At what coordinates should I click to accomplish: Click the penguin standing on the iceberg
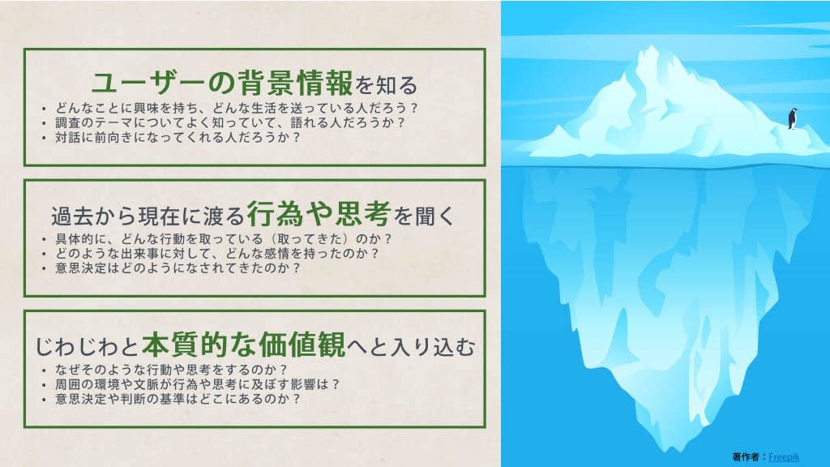793,118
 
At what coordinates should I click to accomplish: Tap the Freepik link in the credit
784,457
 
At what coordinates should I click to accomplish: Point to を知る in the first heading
387,84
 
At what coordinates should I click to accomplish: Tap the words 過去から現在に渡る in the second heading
148,216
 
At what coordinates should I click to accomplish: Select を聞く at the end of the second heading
424,216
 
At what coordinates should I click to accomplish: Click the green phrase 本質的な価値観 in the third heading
243,345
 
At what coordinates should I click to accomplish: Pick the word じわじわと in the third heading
87,347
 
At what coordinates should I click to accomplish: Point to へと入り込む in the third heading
411,347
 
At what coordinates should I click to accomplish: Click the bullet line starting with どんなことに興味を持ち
237,108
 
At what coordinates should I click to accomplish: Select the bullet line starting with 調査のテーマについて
230,122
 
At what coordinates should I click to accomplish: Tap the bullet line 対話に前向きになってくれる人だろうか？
178,137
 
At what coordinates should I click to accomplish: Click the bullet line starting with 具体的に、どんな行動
224,239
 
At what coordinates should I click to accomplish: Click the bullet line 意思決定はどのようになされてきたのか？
178,268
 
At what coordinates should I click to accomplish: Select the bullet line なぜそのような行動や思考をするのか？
172,370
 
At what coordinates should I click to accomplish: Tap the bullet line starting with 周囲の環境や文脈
198,383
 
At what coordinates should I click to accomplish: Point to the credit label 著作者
747,457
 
